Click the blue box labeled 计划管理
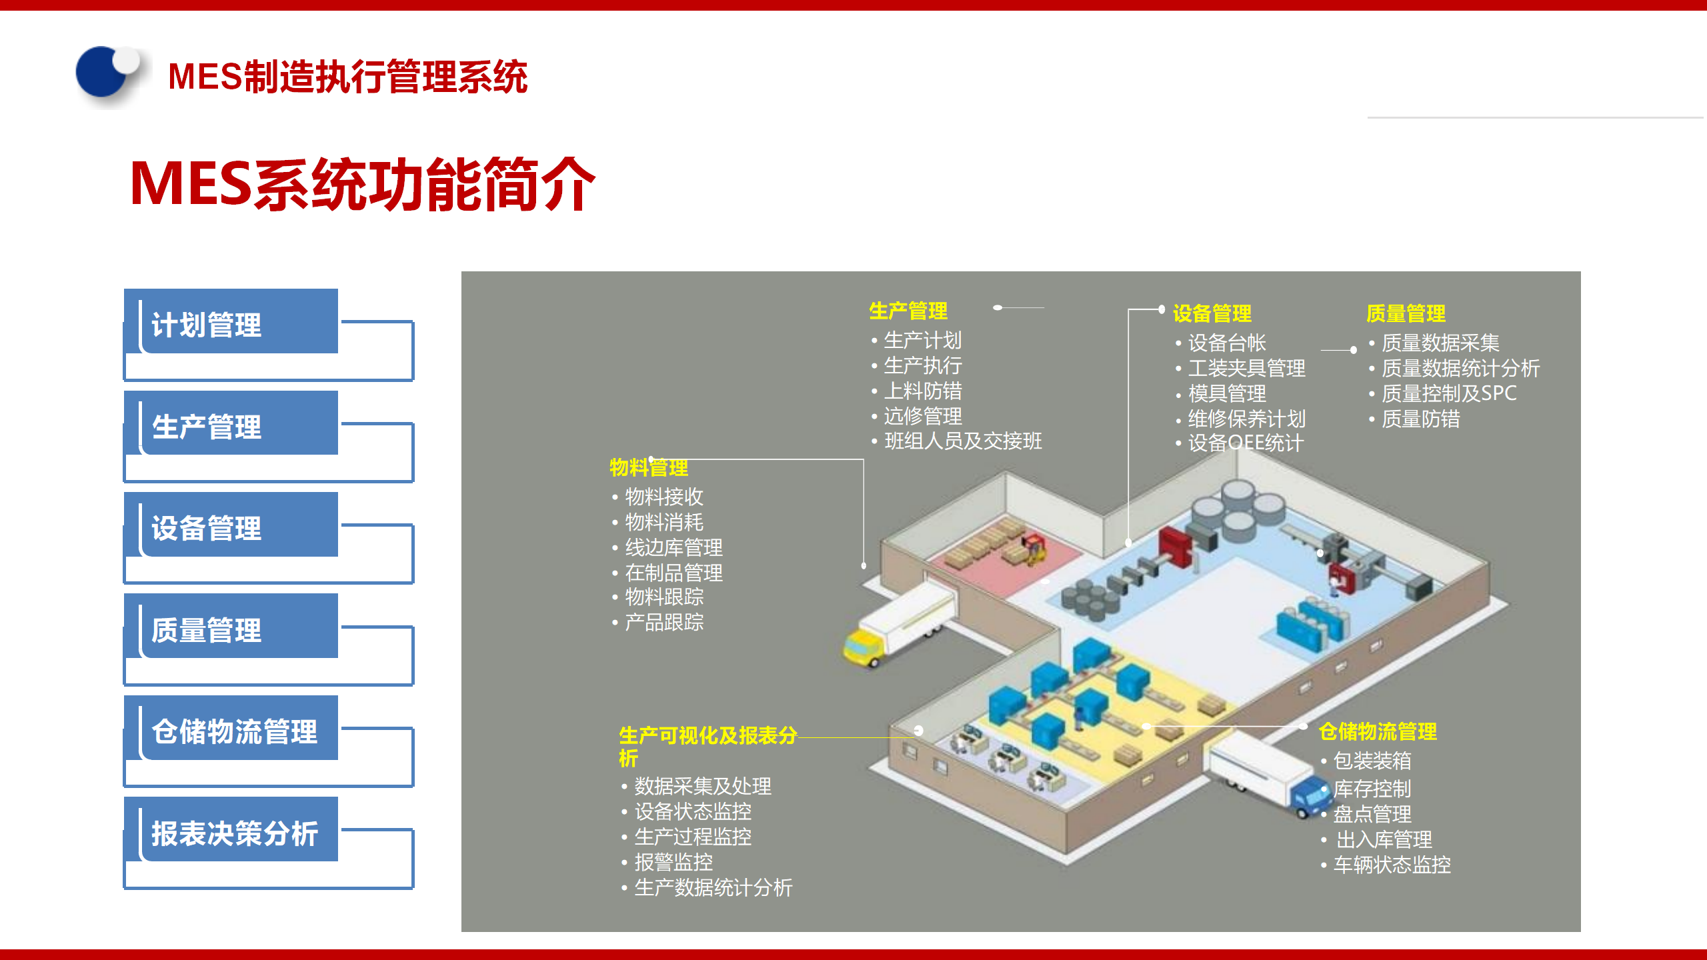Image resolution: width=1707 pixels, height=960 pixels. tap(231, 323)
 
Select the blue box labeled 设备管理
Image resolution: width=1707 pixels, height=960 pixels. tap(231, 527)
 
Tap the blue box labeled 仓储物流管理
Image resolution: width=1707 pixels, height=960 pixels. tap(231, 730)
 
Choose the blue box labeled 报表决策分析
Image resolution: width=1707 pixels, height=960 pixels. tap(231, 832)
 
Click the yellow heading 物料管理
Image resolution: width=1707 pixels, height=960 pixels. tap(648, 467)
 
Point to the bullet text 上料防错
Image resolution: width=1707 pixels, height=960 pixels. tap(922, 391)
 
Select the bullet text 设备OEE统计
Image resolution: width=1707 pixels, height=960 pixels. tap(1246, 443)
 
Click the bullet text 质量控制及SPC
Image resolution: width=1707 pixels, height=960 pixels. tap(1448, 393)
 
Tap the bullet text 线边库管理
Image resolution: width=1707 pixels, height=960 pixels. tap(673, 547)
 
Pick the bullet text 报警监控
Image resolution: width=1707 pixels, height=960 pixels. tap(673, 862)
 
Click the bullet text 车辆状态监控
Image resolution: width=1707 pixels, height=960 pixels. tap(1392, 865)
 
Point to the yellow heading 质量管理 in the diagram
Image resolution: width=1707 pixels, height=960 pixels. tap(1406, 313)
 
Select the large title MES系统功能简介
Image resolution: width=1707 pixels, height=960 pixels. tap(362, 185)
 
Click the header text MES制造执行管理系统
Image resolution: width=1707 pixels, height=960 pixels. tap(347, 77)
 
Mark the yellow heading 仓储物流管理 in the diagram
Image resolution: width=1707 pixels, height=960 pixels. tap(1378, 731)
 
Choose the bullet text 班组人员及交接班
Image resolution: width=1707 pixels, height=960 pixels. tap(962, 441)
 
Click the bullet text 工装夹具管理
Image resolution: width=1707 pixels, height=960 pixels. tap(1246, 368)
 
